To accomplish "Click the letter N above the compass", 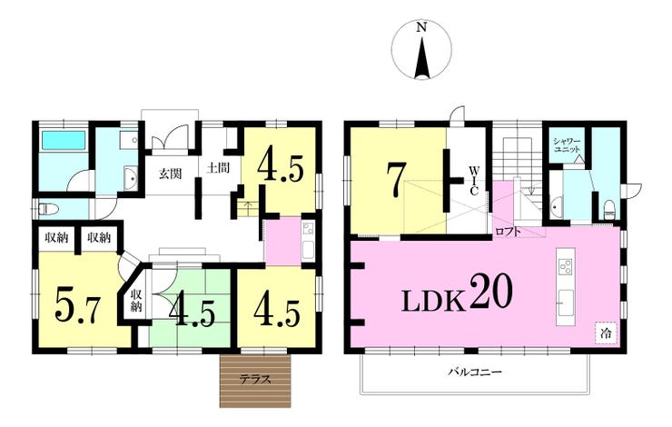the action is coord(421,28).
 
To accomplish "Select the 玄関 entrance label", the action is coord(171,174).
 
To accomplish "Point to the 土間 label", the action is coord(218,167).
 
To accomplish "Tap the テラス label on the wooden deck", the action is coord(255,379).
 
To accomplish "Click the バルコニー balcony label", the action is coord(475,372).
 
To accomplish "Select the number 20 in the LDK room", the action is coord(491,292).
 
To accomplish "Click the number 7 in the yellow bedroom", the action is coord(395,180).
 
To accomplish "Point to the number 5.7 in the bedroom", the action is coord(77,304).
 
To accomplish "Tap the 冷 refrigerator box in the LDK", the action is coord(606,333).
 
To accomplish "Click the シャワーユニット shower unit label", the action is coord(567,145).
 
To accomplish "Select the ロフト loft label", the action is coord(508,232).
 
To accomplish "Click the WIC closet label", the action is coord(473,181).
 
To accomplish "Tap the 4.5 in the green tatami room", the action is coord(192,310).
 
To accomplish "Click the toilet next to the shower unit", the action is coord(608,210).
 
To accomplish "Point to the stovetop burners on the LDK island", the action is coord(566,267).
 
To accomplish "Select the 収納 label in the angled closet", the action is coord(136,301).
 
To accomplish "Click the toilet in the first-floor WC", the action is coord(47,210).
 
